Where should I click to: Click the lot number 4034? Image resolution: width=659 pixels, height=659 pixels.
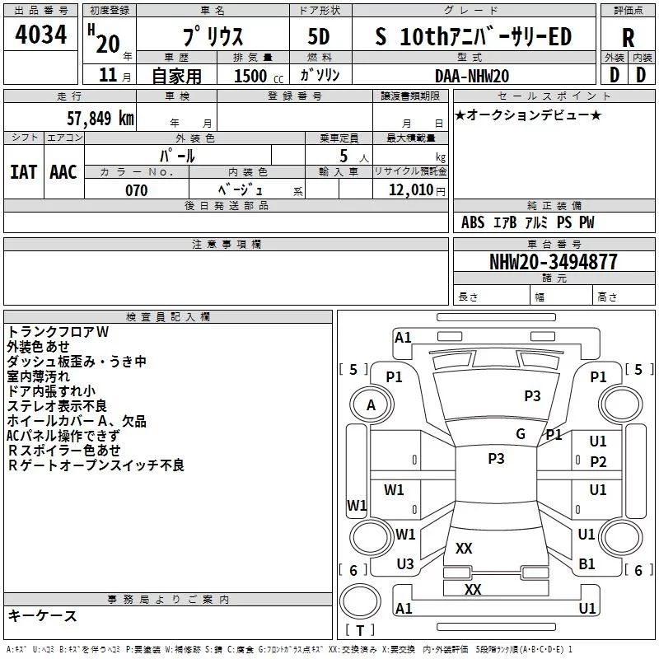coord(41,35)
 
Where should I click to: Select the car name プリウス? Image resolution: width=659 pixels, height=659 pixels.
coord(212,37)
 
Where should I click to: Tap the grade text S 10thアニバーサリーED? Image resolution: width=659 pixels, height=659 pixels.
coord(473,36)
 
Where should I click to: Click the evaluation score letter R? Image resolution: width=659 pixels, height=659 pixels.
coord(628,38)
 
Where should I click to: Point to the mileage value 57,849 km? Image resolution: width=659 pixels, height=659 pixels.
coord(96,118)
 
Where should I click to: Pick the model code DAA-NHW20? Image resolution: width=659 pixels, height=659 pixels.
coord(472,75)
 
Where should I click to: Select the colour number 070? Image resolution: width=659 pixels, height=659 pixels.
coord(136,190)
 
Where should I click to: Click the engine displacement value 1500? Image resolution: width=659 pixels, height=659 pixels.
coord(250,76)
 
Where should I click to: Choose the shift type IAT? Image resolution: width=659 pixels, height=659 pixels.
coord(23,171)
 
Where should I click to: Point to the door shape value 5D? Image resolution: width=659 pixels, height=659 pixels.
coord(319,37)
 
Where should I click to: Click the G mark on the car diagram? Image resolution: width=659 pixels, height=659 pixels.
coord(520,434)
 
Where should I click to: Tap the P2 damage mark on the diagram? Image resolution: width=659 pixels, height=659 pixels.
coord(598,461)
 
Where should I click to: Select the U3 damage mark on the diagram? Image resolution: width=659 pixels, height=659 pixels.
coord(405,563)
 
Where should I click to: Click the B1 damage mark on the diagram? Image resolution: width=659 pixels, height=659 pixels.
coord(587,563)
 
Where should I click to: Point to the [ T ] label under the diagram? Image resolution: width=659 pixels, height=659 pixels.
coord(359,631)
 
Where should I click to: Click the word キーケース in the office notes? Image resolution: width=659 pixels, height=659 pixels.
coord(42,615)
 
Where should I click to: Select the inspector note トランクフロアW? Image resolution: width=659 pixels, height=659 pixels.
coord(58,331)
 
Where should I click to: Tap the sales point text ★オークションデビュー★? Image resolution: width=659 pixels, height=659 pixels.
coord(528,115)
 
